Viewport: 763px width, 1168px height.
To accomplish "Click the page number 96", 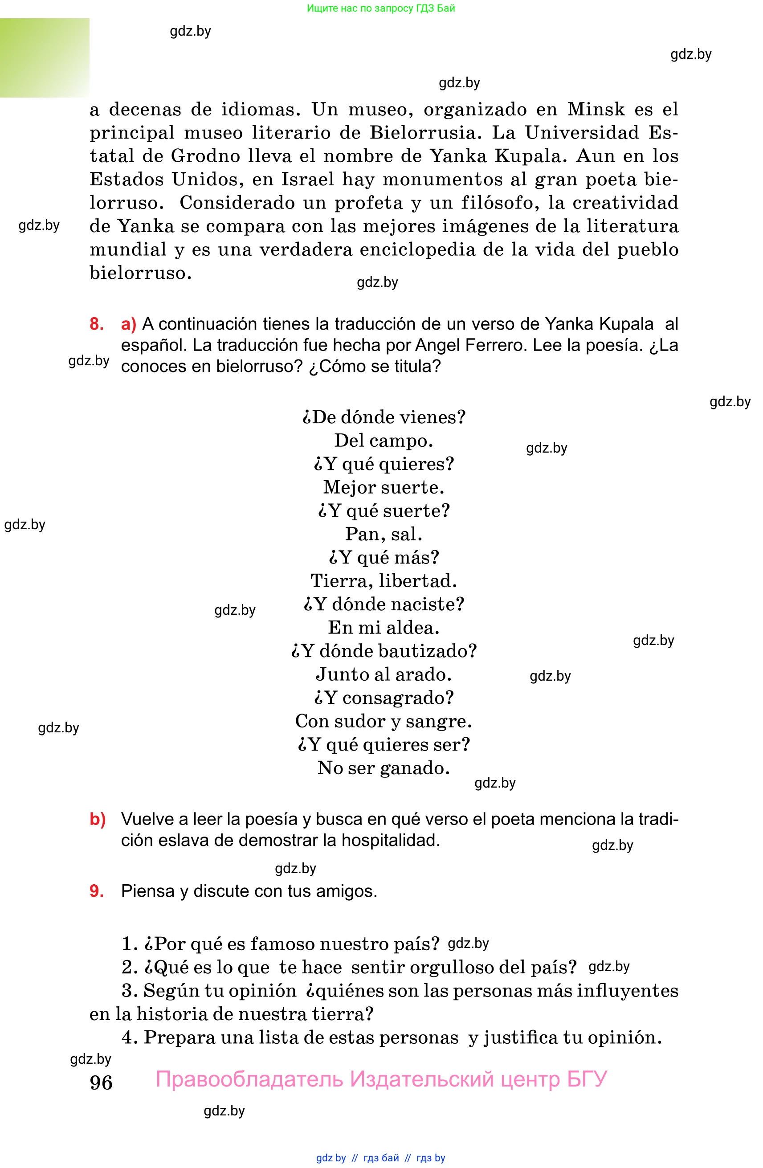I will pos(101,1082).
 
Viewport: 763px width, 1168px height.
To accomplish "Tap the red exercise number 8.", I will pos(96,324).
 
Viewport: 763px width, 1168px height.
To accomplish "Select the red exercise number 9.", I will pos(96,891).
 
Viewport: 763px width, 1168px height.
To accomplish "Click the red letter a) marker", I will pos(129,324).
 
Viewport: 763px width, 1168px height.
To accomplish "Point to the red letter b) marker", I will pos(98,819).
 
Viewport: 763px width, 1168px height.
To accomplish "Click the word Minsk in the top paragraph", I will pos(596,109).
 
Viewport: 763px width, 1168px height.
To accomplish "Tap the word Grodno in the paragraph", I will pos(206,156).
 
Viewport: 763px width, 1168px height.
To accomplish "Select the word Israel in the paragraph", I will pos(307,180).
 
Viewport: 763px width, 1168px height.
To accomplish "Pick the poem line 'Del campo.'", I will pos(383,441).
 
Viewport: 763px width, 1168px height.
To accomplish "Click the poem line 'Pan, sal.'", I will pos(383,534).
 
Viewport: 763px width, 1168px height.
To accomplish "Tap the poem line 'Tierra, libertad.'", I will pos(383,581).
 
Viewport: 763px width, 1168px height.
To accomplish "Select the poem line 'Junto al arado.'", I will pos(383,674).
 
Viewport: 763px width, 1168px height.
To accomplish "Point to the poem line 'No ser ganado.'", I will pos(383,768).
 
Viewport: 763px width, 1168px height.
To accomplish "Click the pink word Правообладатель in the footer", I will pos(249,1079).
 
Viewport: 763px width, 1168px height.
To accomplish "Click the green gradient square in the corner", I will pos(45,57).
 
